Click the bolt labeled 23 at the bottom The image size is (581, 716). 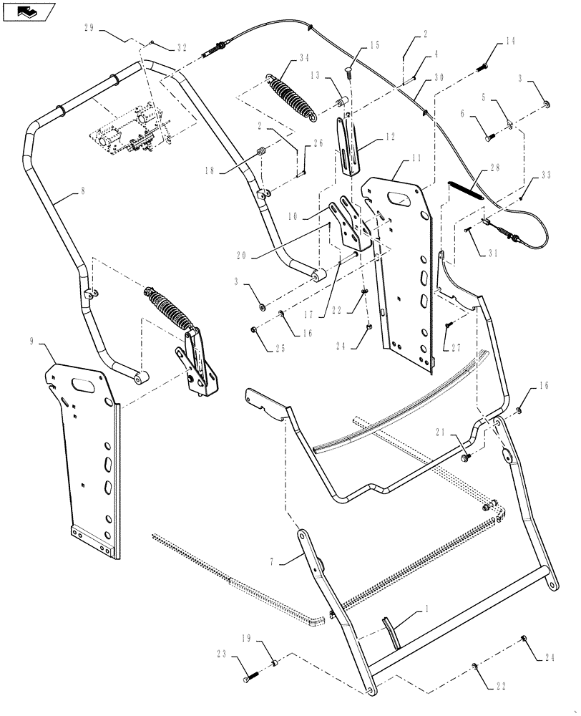click(250, 676)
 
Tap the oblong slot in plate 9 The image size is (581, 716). click(84, 385)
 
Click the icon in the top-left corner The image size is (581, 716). click(28, 11)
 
